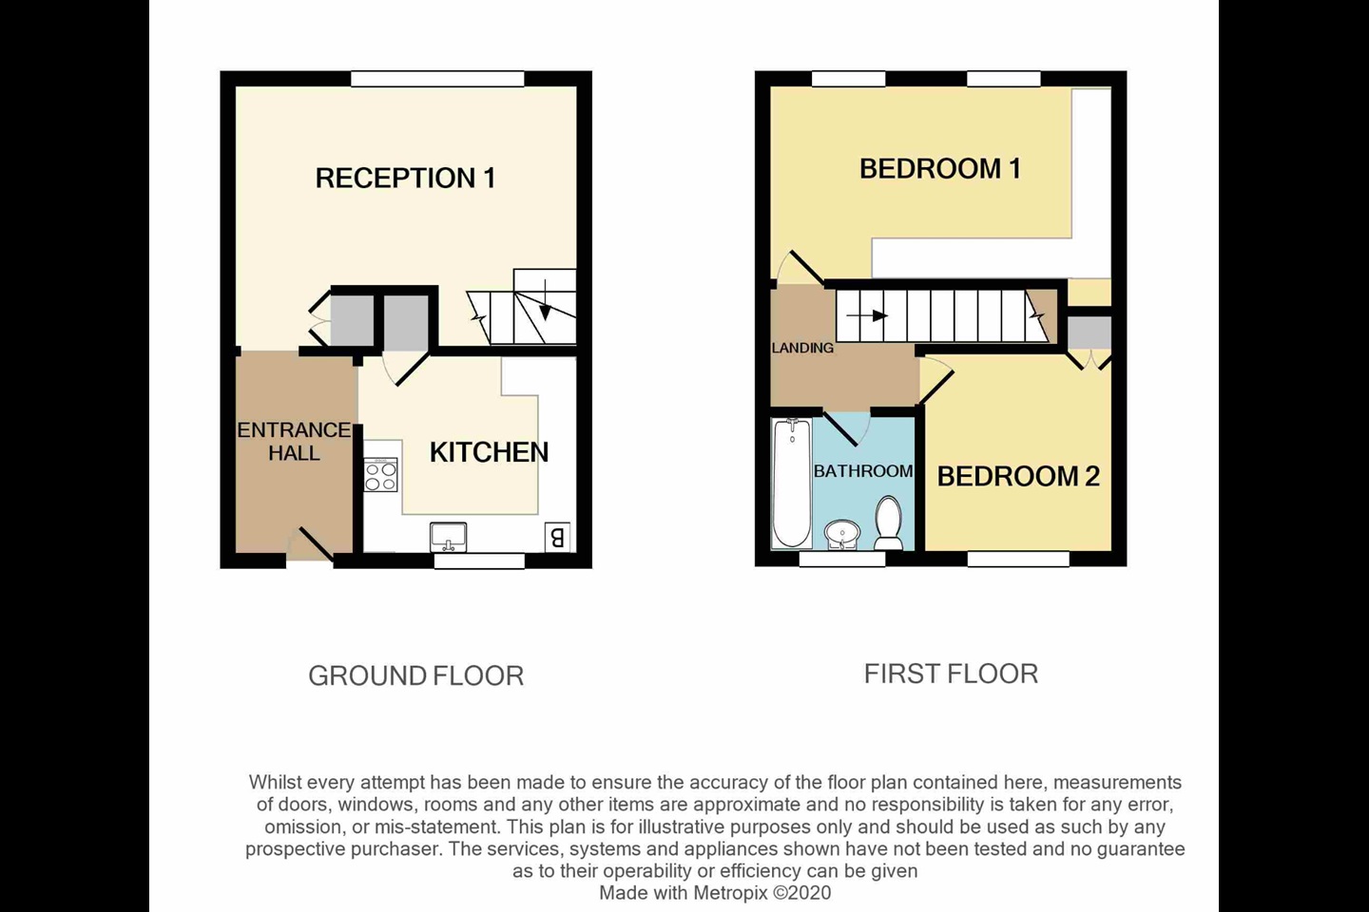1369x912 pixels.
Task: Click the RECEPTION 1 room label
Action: pos(405,178)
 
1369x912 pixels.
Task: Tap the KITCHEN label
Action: pos(489,452)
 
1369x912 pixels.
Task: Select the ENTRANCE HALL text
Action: pos(294,441)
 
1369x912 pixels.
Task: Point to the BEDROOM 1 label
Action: pos(940,168)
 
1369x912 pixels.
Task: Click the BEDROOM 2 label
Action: pos(1018,477)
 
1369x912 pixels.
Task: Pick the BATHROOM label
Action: pos(863,471)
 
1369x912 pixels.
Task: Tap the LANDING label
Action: pos(802,348)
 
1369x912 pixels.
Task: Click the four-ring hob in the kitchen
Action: pos(380,475)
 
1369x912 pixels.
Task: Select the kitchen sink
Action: pos(448,537)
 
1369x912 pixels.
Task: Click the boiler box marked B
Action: pos(557,537)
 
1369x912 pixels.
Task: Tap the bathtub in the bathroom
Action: pos(791,484)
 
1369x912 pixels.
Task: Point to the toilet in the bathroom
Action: pos(888,523)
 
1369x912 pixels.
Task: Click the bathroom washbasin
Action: pos(842,536)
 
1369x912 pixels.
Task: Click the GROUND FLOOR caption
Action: pos(416,675)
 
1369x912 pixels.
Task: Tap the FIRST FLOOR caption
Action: pos(951,674)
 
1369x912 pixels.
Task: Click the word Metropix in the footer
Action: pos(730,892)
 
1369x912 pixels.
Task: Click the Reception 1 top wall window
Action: pos(437,79)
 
